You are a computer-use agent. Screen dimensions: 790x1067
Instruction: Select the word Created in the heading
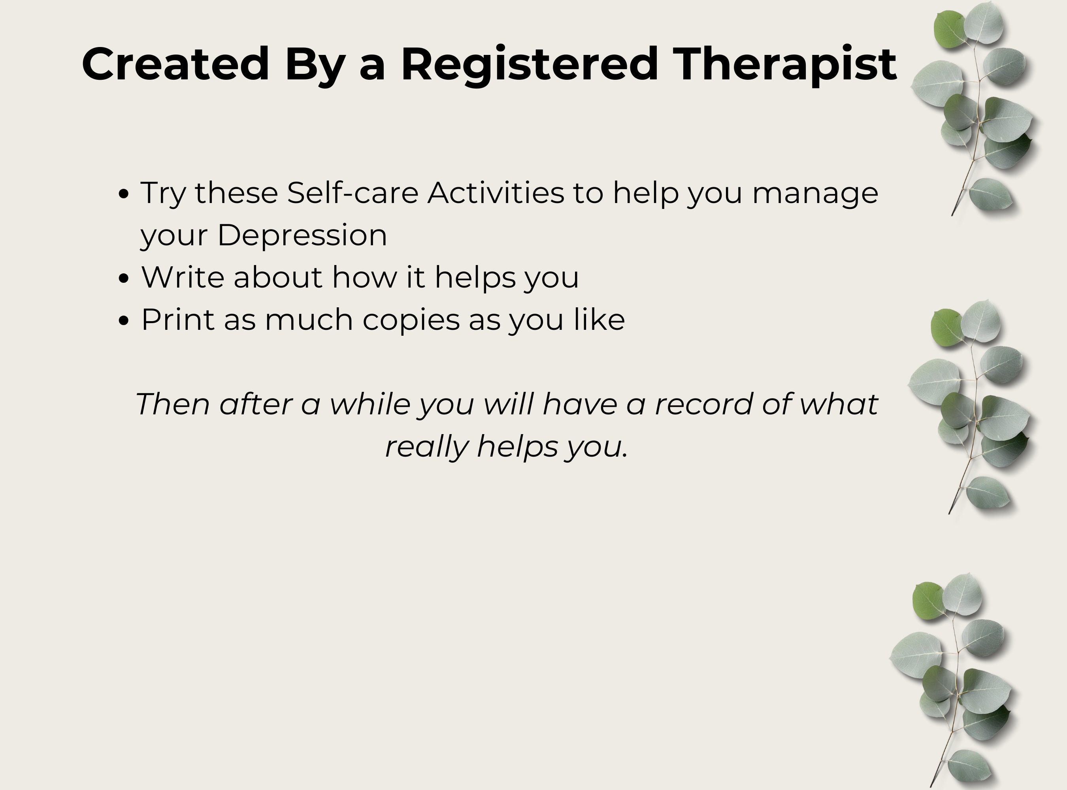point(175,64)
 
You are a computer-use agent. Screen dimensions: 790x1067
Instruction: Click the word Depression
point(302,235)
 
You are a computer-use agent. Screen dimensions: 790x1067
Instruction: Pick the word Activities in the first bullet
point(496,193)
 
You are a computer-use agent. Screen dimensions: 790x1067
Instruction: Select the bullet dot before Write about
point(123,278)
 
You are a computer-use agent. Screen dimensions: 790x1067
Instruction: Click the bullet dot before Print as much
point(123,320)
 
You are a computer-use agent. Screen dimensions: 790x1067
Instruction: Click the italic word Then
point(173,404)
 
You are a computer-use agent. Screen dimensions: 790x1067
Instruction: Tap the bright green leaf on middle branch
point(946,327)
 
